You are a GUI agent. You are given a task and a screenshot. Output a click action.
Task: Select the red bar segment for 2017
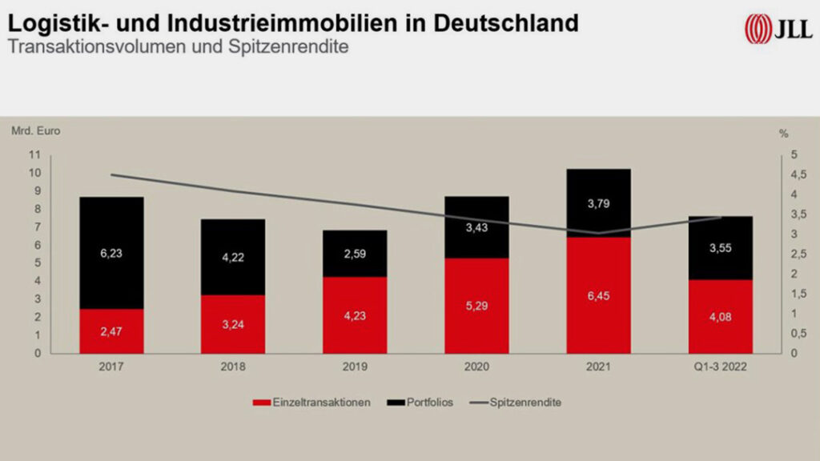click(111, 331)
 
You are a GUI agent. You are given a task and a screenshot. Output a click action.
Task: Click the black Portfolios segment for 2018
click(233, 257)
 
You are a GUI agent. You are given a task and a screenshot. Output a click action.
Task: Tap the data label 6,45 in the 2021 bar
click(598, 295)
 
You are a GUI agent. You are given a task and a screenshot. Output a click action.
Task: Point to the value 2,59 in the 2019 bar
click(355, 254)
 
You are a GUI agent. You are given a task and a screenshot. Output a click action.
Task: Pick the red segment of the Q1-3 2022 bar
click(720, 316)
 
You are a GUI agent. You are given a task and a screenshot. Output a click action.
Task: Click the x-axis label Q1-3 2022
click(720, 367)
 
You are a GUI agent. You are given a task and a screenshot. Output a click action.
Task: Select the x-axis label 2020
click(476, 367)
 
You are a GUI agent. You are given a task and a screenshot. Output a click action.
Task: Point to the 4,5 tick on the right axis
click(790, 174)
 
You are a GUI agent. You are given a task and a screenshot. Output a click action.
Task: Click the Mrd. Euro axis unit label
click(35, 130)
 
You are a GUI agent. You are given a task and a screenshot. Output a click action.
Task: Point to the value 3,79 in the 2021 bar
click(598, 202)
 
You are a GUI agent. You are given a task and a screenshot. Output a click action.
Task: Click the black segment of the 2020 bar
click(476, 227)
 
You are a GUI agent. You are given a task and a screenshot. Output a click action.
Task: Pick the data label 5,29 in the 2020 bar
click(476, 305)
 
